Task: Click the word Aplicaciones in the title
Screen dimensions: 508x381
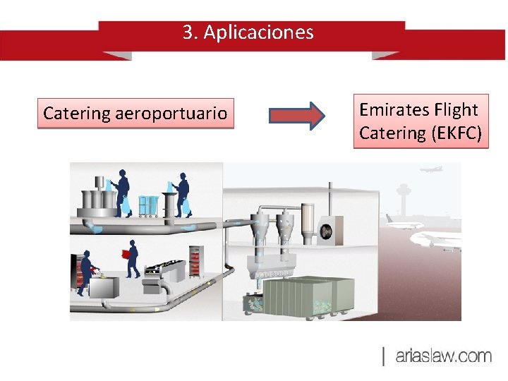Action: (x=258, y=32)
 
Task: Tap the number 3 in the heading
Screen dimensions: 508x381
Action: (x=188, y=32)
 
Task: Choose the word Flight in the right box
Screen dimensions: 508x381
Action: (x=456, y=109)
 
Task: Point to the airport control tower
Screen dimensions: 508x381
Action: (x=404, y=193)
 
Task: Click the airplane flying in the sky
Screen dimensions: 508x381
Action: (x=430, y=169)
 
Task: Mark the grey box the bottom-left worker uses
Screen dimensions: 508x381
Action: (x=107, y=287)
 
